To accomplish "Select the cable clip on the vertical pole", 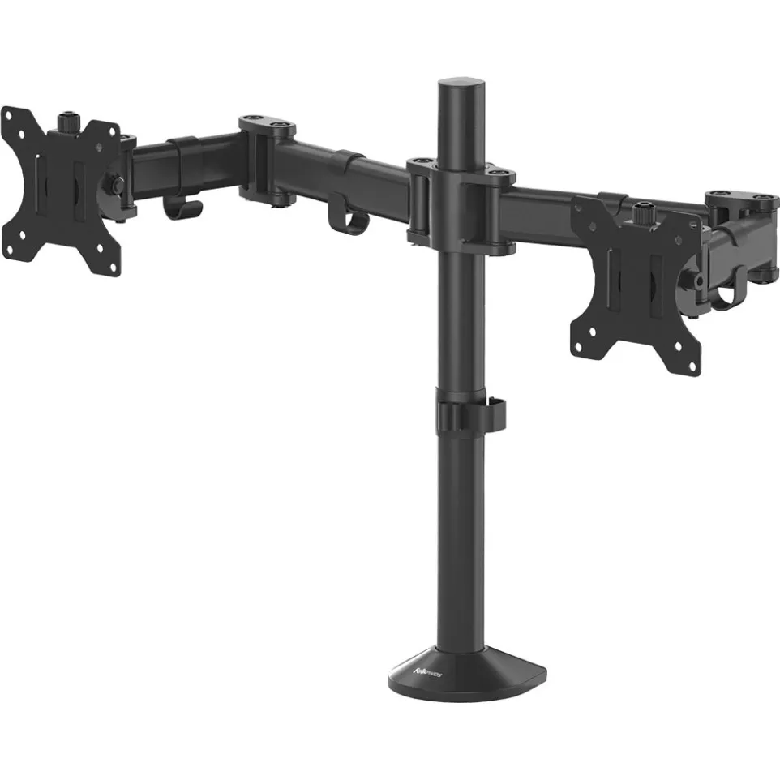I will click(470, 416).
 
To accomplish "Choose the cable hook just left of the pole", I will click(348, 220).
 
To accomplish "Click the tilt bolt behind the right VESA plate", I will click(696, 281).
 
